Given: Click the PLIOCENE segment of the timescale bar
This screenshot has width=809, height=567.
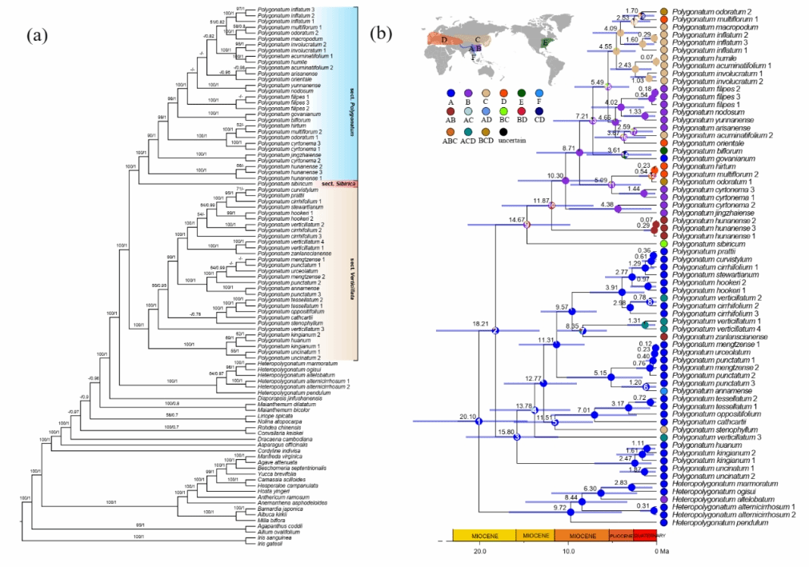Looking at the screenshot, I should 621,536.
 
